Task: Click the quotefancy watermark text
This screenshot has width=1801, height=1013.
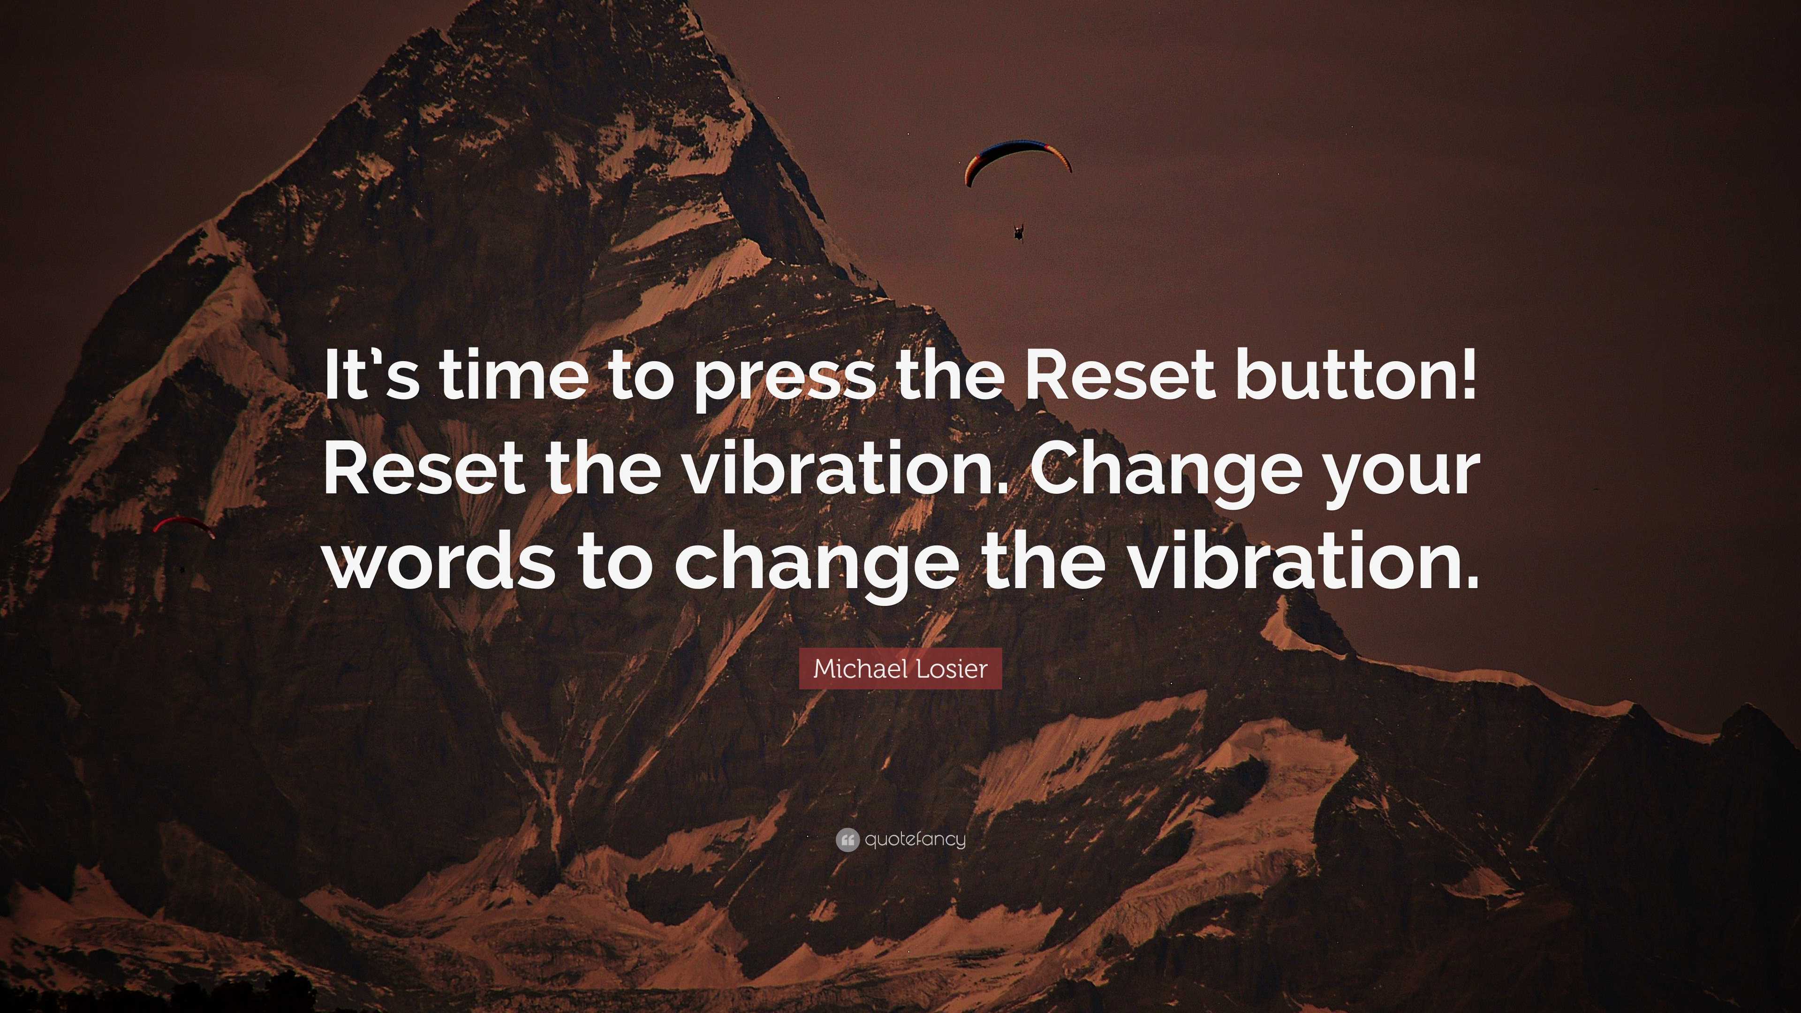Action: tap(915, 839)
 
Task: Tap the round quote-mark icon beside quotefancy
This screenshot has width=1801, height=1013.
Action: tap(847, 839)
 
